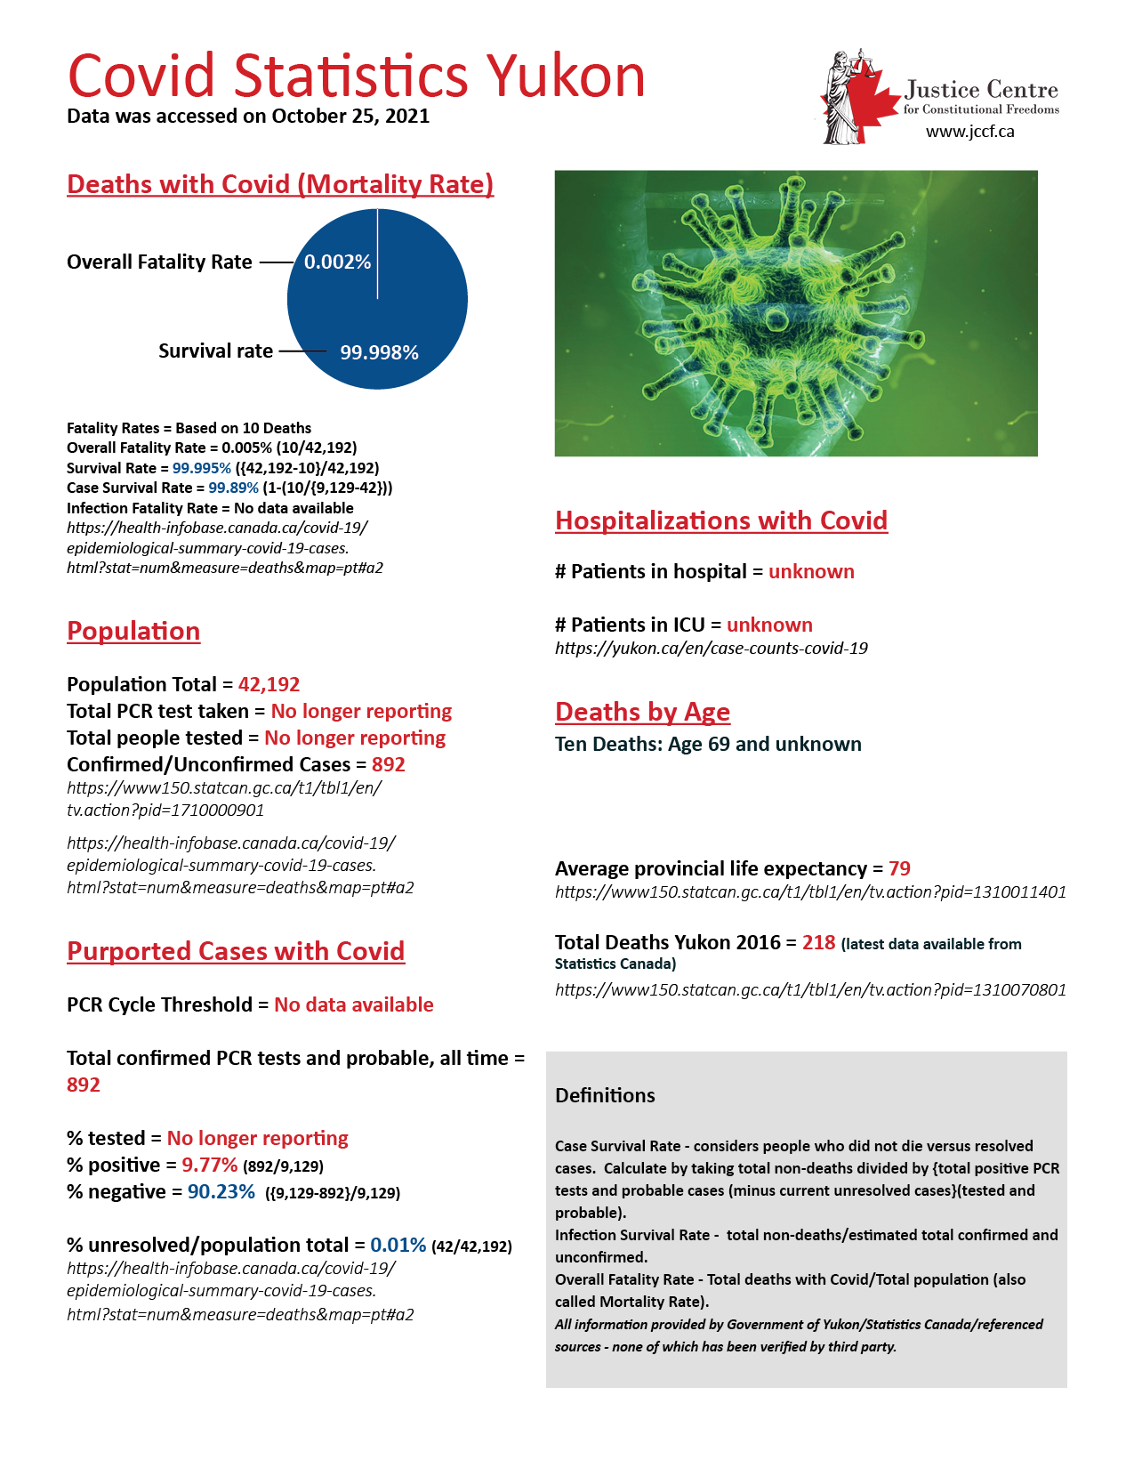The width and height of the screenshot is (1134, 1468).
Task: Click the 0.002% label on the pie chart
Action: coord(337,262)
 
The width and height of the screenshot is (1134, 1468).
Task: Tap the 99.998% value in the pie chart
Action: coord(379,352)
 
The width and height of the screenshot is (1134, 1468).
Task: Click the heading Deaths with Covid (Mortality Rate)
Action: coord(280,184)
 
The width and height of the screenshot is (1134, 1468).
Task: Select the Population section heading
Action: coord(133,631)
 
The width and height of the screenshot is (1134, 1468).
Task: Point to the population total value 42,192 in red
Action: coord(269,684)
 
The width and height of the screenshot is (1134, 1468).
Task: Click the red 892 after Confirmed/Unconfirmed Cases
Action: coord(389,764)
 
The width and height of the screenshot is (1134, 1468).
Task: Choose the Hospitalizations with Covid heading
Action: coord(721,520)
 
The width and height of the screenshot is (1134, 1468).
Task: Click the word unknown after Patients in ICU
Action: coord(769,625)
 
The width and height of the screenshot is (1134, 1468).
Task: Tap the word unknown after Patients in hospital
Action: coord(811,571)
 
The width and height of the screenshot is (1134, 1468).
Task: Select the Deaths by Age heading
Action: coord(642,712)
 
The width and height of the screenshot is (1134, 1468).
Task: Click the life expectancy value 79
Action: coord(899,868)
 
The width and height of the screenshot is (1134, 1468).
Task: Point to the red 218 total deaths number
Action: coord(818,942)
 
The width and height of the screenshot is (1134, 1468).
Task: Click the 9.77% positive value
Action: coord(209,1165)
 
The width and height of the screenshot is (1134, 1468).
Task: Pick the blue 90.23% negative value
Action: coord(221,1191)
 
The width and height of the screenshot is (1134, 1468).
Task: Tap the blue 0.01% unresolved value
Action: coord(398,1245)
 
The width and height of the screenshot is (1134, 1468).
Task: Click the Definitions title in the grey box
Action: coord(605,1095)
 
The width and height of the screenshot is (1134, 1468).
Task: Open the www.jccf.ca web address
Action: coord(969,132)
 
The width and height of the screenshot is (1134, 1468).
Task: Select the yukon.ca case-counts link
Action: coord(711,648)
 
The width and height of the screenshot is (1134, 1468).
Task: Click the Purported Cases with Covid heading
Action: coord(236,951)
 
